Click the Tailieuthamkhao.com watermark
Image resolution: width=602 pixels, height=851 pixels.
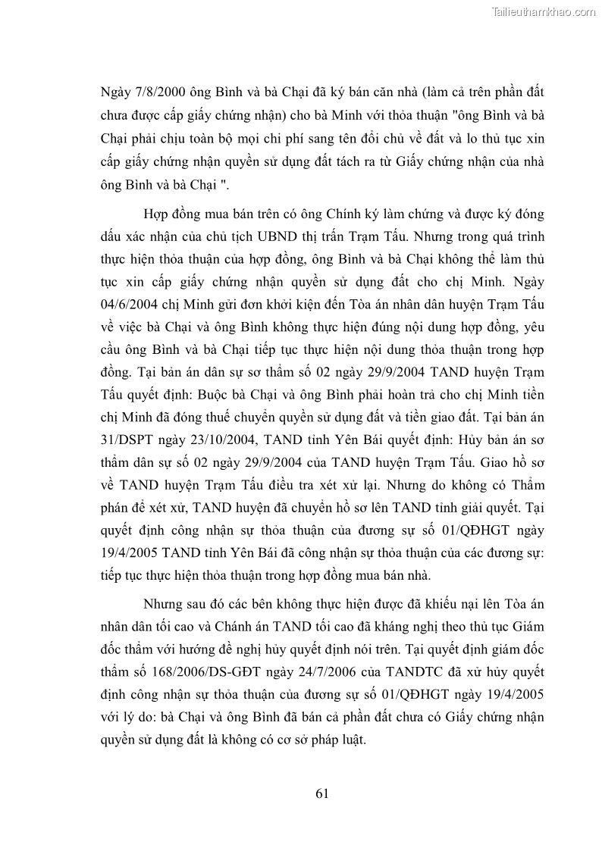point(544,11)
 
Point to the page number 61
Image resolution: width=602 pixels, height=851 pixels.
point(321,793)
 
